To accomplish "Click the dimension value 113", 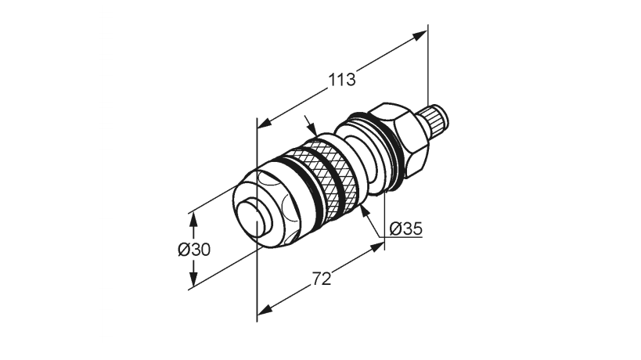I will point(342,80).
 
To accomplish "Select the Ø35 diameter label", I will point(405,229).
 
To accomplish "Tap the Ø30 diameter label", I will point(193,249).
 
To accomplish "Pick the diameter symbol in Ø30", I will point(182,249).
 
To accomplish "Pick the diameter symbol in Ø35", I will point(394,229).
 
